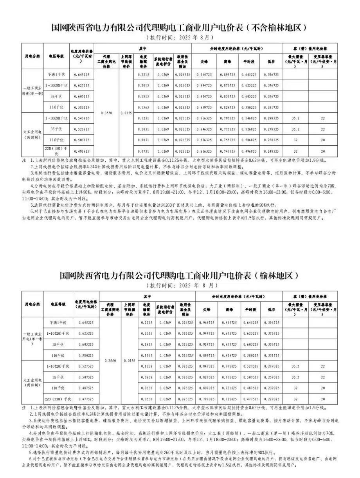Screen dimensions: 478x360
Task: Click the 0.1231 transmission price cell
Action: coord(144,117)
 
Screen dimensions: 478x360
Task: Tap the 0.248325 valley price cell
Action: coord(271,151)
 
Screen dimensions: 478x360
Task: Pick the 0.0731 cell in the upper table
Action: coord(144,151)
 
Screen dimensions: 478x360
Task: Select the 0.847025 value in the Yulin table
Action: coord(207,366)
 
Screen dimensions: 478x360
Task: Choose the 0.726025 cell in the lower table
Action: coord(229,399)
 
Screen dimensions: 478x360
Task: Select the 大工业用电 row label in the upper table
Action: coord(33,134)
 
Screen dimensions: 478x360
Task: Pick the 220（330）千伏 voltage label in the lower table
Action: coord(59,399)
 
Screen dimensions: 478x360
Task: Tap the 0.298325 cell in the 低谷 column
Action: coord(271,117)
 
